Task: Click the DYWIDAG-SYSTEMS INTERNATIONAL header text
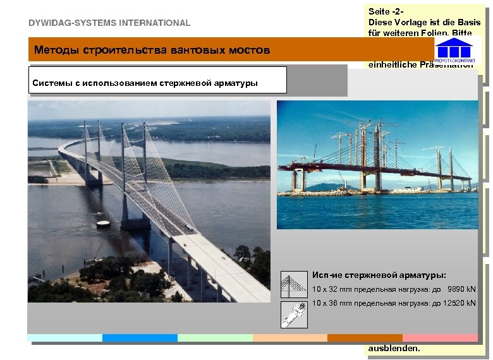click(x=109, y=23)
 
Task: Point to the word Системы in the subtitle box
click(x=52, y=82)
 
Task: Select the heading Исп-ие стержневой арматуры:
click(x=379, y=275)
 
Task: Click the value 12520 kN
click(x=459, y=303)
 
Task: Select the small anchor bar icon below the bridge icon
click(x=293, y=314)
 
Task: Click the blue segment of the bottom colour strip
click(x=140, y=338)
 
